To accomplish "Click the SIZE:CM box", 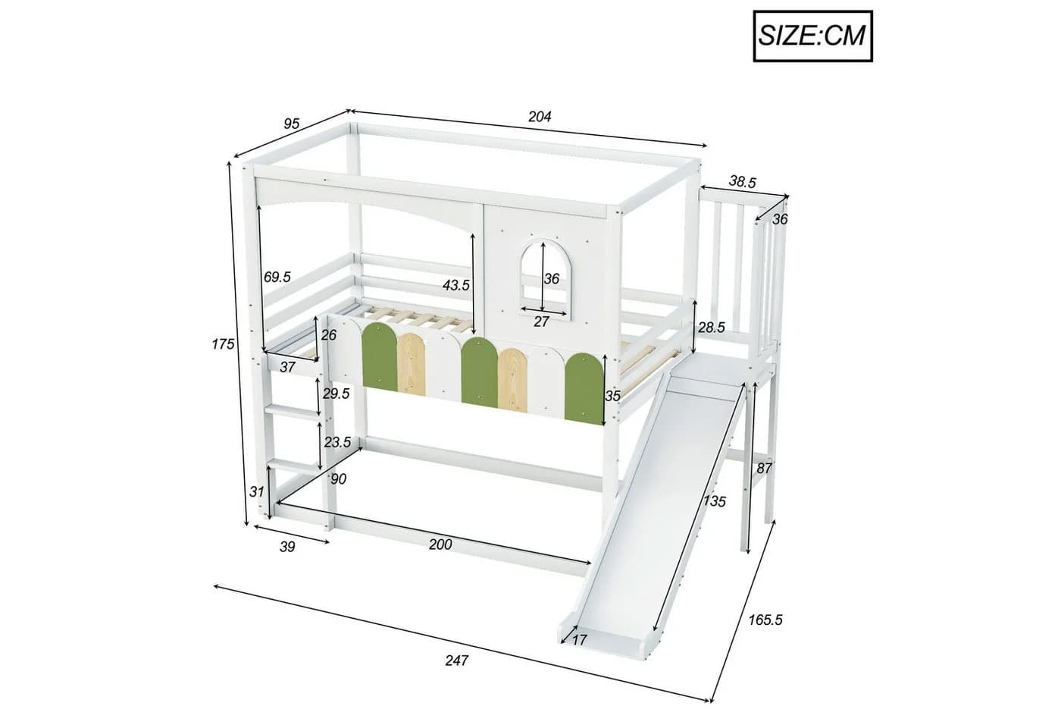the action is click(x=812, y=36).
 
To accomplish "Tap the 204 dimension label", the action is click(x=540, y=117).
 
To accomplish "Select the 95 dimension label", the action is click(x=291, y=124).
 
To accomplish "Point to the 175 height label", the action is click(x=223, y=344).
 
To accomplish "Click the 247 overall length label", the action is click(x=456, y=661).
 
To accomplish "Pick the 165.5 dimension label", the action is click(x=765, y=620).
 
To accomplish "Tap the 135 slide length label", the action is click(x=714, y=501).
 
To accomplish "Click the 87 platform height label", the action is click(x=764, y=469).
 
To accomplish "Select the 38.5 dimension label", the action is click(x=742, y=182).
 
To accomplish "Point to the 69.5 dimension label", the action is click(x=277, y=278).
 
